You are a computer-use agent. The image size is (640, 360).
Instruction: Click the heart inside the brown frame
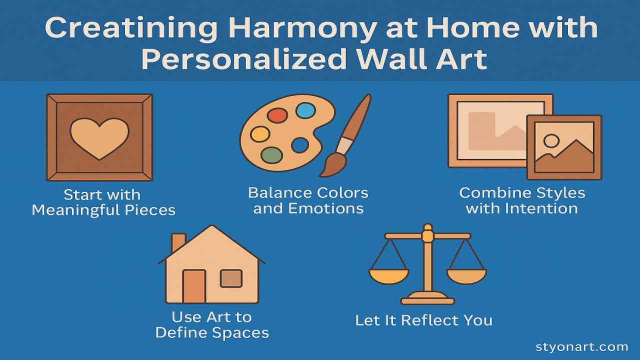[x=99, y=138]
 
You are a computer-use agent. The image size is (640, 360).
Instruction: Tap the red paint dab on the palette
[x=277, y=115]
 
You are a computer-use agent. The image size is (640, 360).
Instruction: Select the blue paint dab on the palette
[x=305, y=110]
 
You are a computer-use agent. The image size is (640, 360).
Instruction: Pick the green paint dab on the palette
[x=271, y=155]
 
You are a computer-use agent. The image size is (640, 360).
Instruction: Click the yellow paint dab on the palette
[x=260, y=134]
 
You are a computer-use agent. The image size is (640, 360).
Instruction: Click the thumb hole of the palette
[x=300, y=145]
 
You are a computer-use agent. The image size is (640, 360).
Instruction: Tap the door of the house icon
[x=194, y=286]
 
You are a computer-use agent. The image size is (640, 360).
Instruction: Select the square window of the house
[x=231, y=278]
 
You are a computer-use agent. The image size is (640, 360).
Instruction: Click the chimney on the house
[x=178, y=243]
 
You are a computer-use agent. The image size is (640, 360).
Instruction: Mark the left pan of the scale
[x=388, y=276]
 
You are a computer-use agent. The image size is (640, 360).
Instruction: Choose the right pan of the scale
[x=466, y=276]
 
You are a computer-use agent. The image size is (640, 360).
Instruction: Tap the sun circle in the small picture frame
[x=551, y=141]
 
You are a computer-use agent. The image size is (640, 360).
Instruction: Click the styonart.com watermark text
[x=581, y=347]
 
